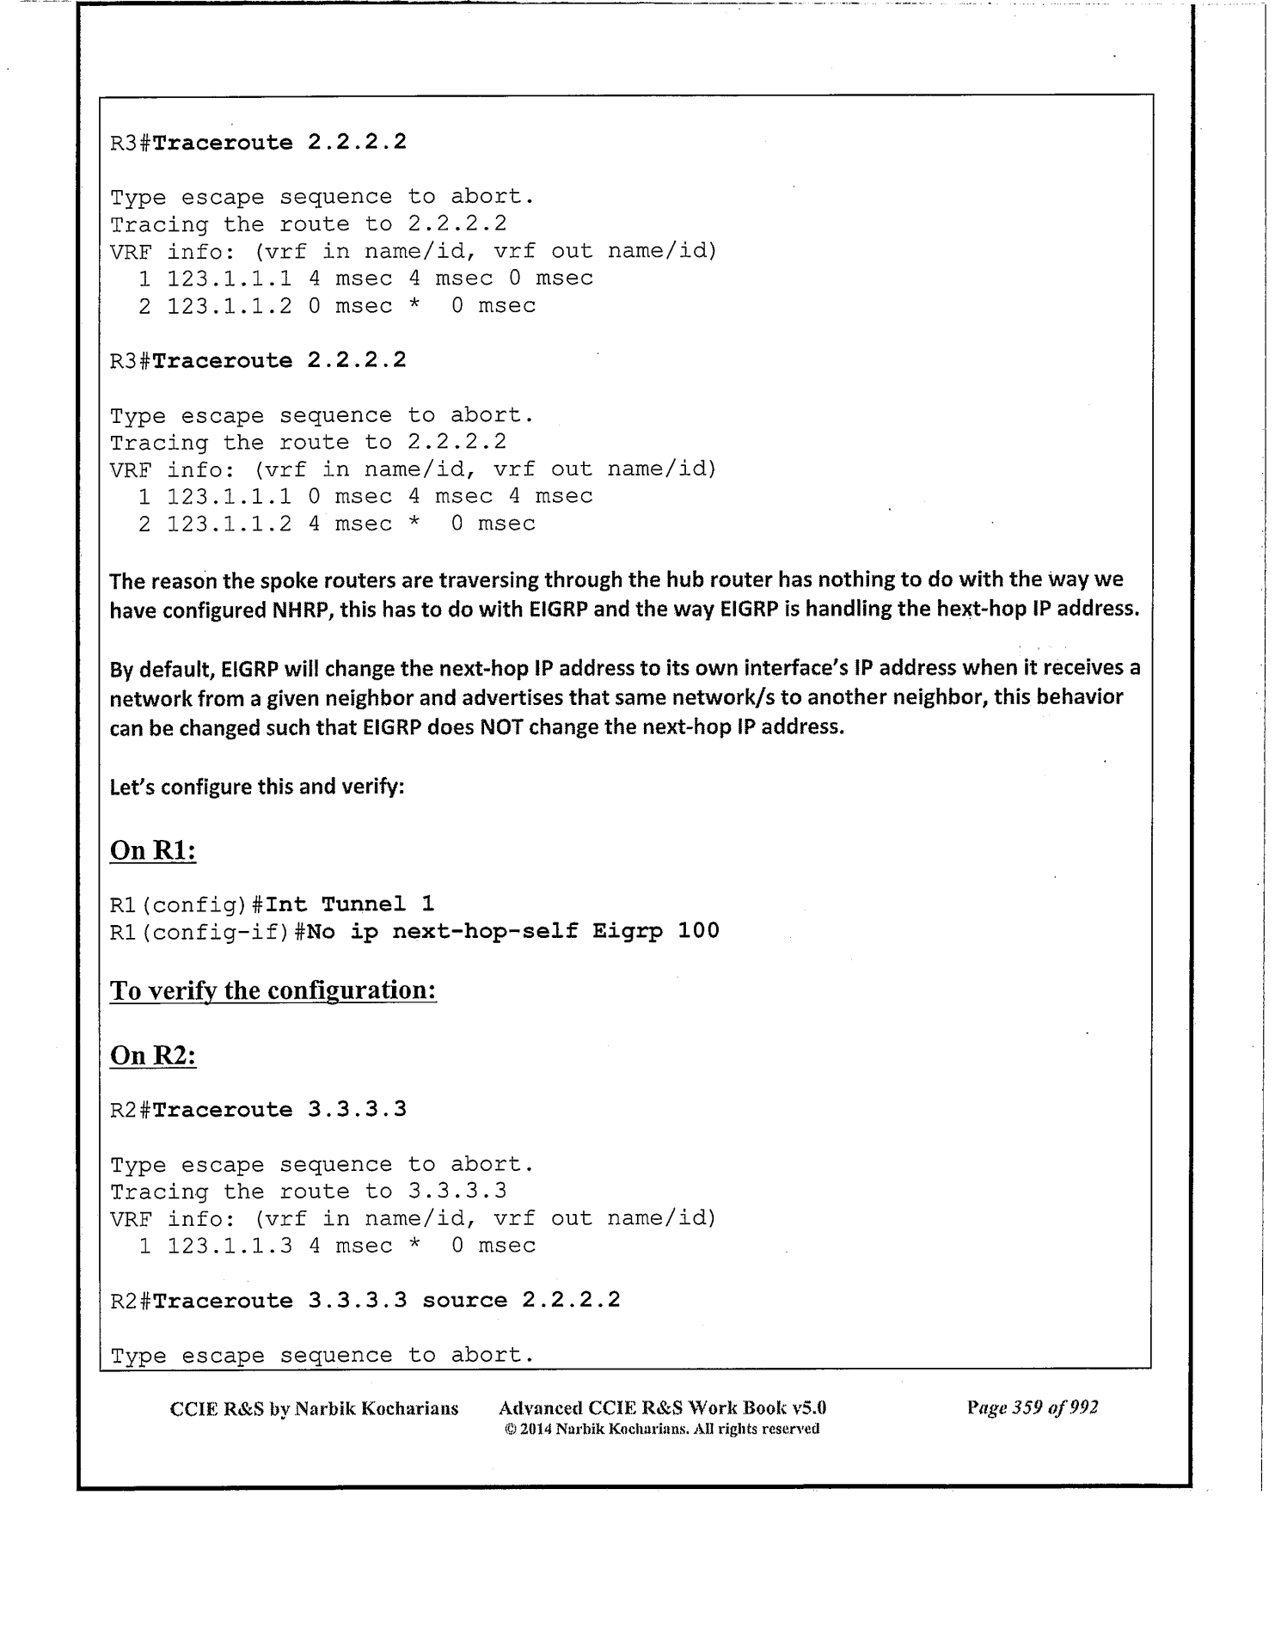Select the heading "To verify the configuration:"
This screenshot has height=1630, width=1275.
[273, 990]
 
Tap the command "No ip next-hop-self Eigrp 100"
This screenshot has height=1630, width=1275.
[512, 931]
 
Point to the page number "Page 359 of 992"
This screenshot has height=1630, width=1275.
[1032, 1407]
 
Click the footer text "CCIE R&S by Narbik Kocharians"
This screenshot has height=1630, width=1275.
[314, 1408]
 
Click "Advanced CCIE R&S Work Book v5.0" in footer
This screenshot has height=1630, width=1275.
[662, 1408]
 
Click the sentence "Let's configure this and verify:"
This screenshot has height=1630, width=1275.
[257, 787]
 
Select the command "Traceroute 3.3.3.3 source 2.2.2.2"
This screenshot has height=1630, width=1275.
[386, 1300]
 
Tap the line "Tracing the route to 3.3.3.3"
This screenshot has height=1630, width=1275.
[308, 1192]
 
